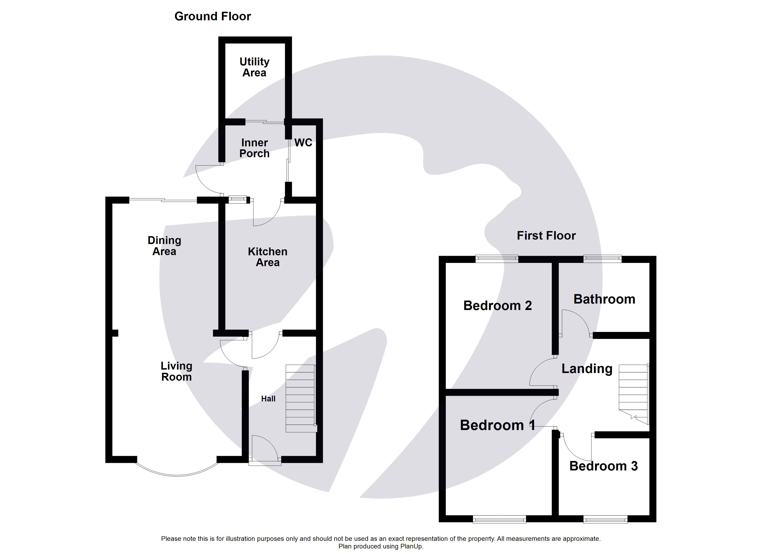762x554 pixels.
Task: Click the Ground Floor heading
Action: [212, 16]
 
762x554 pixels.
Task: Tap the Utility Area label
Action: [254, 67]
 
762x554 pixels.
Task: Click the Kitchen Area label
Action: [267, 257]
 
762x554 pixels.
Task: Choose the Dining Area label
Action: [164, 246]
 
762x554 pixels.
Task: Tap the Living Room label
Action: [176, 371]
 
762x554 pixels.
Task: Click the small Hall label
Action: [268, 399]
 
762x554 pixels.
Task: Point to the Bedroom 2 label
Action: [497, 306]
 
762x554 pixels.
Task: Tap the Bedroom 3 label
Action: [603, 466]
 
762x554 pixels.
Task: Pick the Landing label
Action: [587, 369]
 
